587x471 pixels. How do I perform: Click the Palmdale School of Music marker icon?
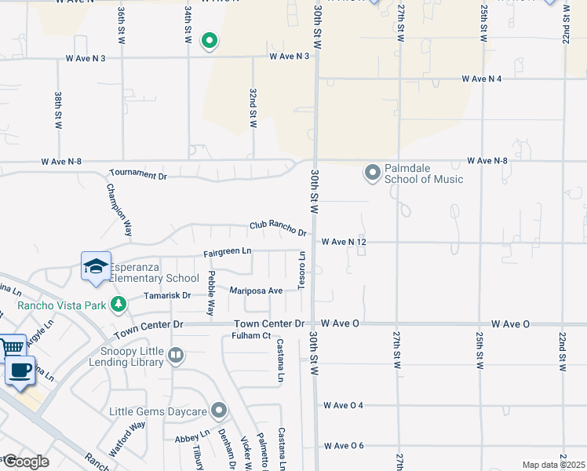click(x=373, y=171)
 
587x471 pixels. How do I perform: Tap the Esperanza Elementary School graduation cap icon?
click(x=96, y=266)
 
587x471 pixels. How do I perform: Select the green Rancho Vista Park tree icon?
click(x=118, y=302)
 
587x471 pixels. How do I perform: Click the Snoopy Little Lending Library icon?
click(x=176, y=356)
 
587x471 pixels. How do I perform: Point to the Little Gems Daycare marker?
click(x=219, y=411)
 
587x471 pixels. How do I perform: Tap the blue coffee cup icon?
click(x=20, y=370)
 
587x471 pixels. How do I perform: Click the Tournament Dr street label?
click(x=138, y=174)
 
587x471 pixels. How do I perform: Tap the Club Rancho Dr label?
click(x=278, y=228)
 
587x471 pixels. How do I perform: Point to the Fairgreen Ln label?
click(x=227, y=251)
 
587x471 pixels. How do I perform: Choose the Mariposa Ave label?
click(x=256, y=290)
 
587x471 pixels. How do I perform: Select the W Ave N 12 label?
click(x=344, y=242)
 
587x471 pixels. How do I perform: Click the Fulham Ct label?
click(x=251, y=337)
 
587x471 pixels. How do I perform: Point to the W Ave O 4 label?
click(x=344, y=406)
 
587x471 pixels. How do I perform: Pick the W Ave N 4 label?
click(x=481, y=78)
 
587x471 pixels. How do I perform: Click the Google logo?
click(x=25, y=462)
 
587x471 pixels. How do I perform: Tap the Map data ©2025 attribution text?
click(x=553, y=465)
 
